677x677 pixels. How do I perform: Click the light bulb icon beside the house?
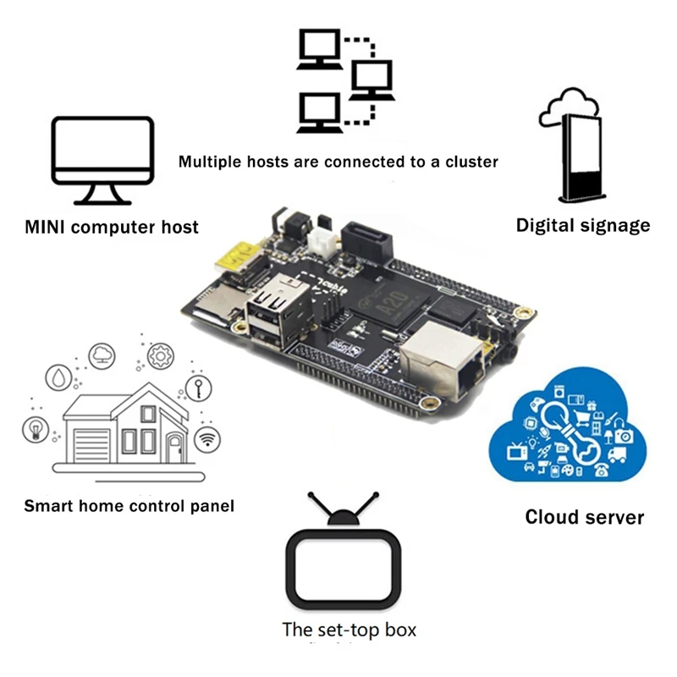(x=36, y=429)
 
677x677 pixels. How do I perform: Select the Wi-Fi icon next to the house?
(x=206, y=438)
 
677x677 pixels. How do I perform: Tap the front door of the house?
(x=174, y=446)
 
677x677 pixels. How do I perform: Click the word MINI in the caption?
(x=49, y=227)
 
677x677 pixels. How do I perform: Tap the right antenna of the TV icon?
(x=366, y=508)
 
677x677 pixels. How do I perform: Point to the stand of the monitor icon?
(x=102, y=195)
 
